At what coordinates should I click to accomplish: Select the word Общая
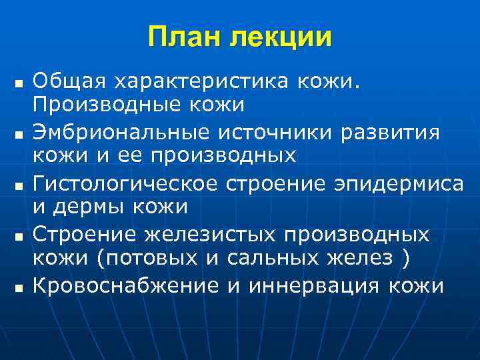tap(70, 81)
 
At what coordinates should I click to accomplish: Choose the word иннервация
tap(315, 285)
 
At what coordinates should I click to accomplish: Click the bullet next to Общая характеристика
tap(18, 83)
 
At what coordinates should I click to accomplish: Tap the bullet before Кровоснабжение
tap(18, 287)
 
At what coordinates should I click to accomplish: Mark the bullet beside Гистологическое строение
tap(18, 185)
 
